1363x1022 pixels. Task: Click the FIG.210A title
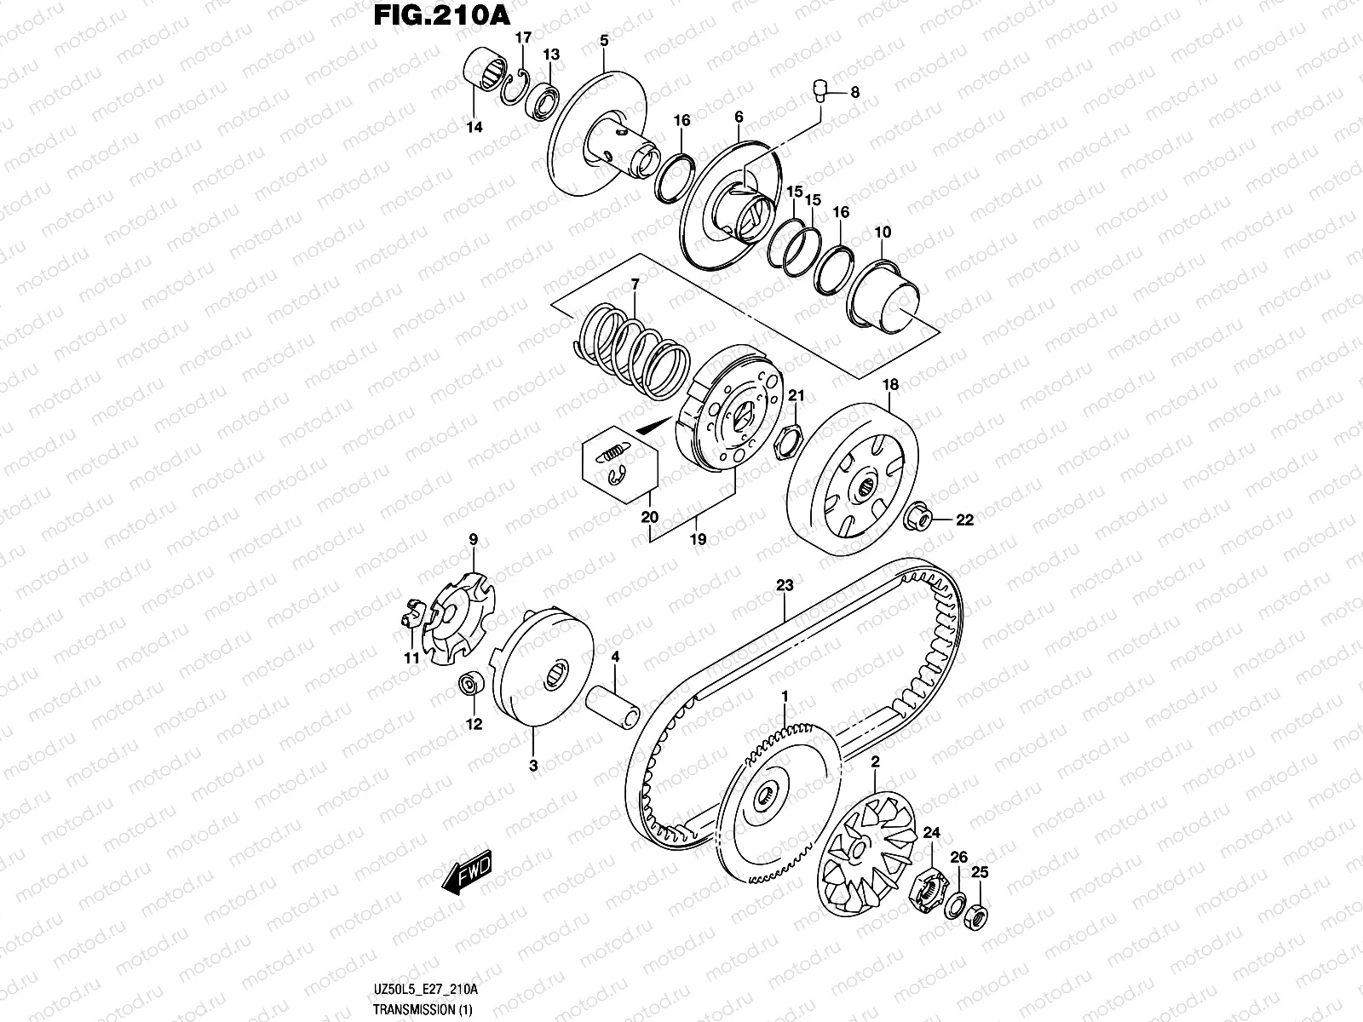[x=441, y=15]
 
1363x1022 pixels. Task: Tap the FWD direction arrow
[x=466, y=872]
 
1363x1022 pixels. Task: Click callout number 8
[x=855, y=93]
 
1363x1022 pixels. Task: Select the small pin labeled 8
[x=820, y=90]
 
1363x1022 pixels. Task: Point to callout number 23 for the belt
[x=785, y=585]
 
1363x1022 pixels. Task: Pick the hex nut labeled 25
[x=976, y=916]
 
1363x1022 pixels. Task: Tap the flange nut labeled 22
[x=916, y=517]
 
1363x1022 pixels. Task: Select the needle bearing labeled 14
[x=486, y=74]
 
